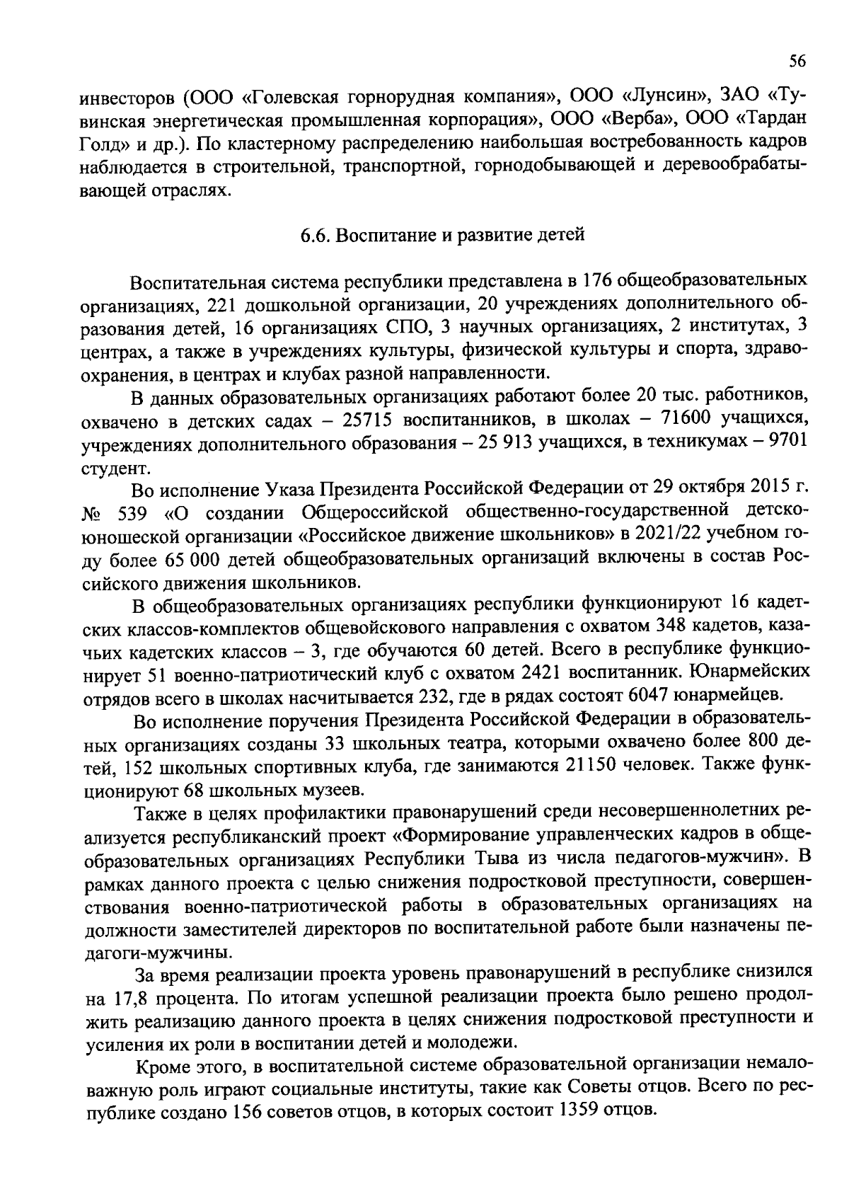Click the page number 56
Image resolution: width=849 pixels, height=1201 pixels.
(797, 62)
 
